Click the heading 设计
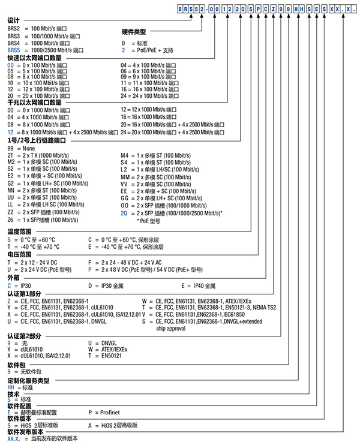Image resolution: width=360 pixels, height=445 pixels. click(x=13, y=20)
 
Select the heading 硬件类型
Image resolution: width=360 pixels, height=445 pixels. click(x=134, y=31)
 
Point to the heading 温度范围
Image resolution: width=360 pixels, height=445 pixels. click(x=19, y=231)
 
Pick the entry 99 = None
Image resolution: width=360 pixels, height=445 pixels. click(x=22, y=147)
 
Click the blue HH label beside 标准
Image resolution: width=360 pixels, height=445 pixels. click(x=11, y=387)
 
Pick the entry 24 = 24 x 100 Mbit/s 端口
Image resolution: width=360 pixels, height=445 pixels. click(x=153, y=96)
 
